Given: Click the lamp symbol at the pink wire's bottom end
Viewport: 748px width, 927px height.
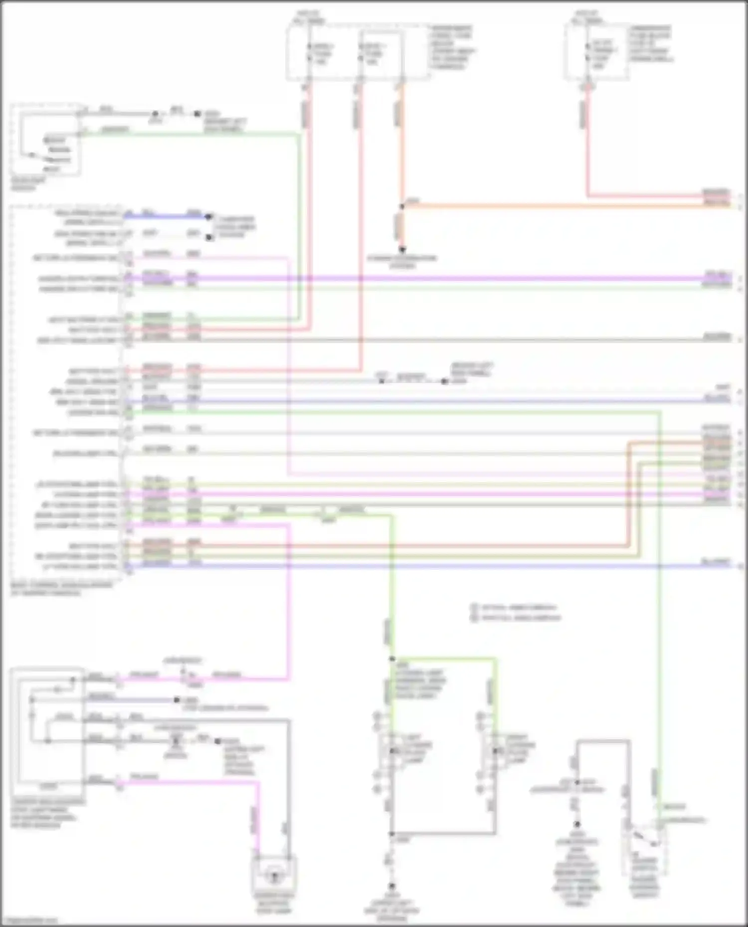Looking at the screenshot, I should click(274, 876).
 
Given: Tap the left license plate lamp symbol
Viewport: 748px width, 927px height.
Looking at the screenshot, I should click(392, 751).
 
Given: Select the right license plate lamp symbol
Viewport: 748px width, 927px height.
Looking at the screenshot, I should click(495, 751).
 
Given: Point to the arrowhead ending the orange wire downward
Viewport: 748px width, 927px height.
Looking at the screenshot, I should click(402, 249).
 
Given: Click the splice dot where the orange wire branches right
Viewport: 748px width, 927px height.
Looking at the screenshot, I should click(402, 206).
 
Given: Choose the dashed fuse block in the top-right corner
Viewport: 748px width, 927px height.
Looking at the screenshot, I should click(597, 51).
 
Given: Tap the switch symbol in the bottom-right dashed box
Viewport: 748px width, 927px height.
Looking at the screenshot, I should click(645, 841).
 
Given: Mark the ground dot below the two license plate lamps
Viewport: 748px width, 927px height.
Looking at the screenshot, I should click(392, 886).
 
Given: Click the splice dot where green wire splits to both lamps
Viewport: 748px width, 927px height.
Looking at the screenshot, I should click(392, 659).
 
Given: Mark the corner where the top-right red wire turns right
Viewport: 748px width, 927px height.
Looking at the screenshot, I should click(588, 196).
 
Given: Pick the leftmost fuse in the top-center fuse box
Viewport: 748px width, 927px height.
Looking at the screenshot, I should click(310, 53).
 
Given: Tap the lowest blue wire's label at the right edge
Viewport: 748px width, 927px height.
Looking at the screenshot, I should click(716, 562).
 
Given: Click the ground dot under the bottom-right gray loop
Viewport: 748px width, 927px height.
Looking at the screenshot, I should click(577, 824).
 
